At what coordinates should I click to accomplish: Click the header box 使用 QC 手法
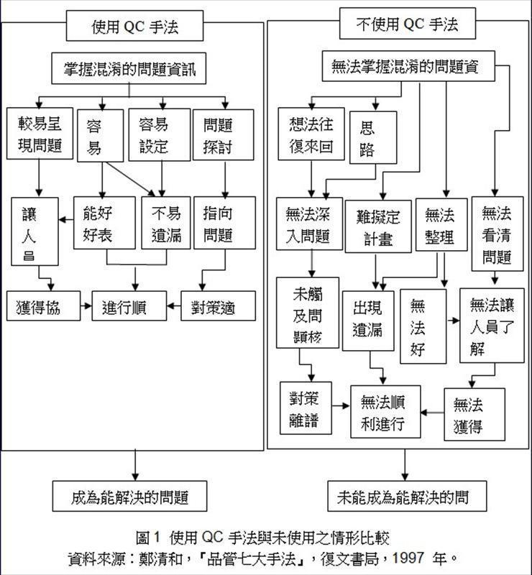[134, 27]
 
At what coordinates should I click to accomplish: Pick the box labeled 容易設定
[153, 134]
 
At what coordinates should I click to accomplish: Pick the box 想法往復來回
[311, 134]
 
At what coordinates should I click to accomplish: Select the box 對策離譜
[306, 408]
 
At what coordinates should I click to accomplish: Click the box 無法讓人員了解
[492, 325]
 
